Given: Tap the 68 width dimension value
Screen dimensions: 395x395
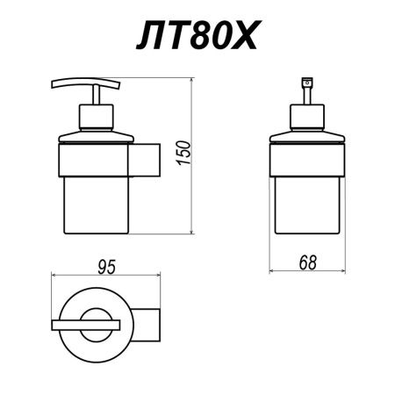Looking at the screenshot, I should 306,262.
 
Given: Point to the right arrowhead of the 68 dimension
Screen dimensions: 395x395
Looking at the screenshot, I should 340,274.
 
